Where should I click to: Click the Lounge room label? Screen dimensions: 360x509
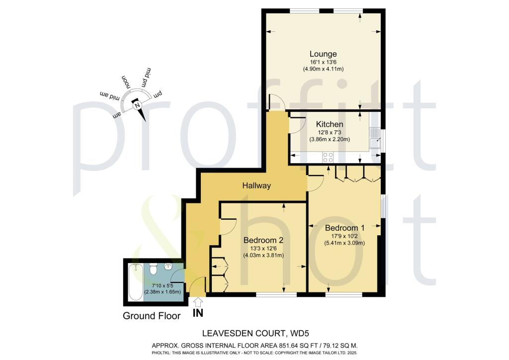(323, 54)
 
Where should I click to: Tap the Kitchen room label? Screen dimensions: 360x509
(330, 124)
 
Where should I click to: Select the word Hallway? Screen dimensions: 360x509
(256, 185)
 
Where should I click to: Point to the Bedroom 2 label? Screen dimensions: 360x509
(263, 240)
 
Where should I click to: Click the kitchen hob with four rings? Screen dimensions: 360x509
(328, 158)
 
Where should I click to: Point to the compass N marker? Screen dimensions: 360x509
(136, 105)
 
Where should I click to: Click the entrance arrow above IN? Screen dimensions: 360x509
(197, 302)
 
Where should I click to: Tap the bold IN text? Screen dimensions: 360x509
(198, 313)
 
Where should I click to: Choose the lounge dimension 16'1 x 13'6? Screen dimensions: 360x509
(323, 63)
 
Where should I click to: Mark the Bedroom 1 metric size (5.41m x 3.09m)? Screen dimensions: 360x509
(345, 243)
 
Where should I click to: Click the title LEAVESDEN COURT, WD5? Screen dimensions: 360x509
(256, 333)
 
